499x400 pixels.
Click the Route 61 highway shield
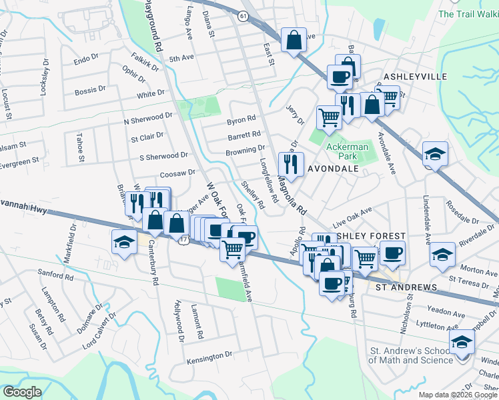tap(243, 15)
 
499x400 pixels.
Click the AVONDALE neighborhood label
tap(333, 169)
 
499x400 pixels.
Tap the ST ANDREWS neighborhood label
tap(406, 287)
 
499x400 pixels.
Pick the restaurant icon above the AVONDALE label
tap(291, 163)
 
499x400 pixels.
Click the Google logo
tap(22, 392)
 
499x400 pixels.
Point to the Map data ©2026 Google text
tap(457, 395)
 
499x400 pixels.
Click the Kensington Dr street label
tap(209, 355)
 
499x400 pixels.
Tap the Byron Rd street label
tap(241, 121)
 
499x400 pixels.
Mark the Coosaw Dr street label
tap(177, 173)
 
